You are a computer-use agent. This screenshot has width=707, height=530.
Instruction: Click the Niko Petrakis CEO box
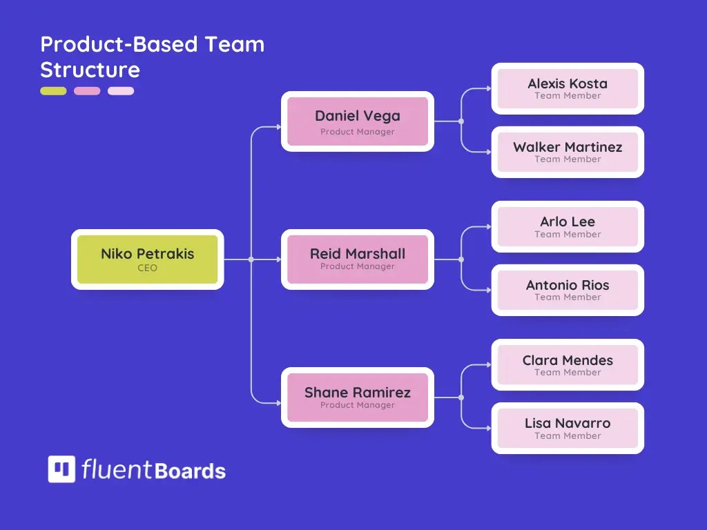[x=147, y=259]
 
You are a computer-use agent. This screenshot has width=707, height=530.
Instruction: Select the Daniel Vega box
[x=357, y=121]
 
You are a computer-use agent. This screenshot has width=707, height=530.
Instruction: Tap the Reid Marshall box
[x=357, y=259]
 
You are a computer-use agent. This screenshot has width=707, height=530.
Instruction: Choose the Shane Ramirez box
[x=357, y=397]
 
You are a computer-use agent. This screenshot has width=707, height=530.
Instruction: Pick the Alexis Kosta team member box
[x=568, y=88]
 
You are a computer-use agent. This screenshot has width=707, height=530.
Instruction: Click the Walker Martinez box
[x=568, y=152]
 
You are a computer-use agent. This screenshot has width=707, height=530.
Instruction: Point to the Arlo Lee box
[x=568, y=226]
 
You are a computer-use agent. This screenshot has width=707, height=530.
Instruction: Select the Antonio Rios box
[x=568, y=290]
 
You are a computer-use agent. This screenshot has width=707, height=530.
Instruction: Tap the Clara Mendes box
[x=568, y=365]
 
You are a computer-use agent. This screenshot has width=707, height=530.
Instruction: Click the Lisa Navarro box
[x=568, y=429]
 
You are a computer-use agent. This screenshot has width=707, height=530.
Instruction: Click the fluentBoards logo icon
[x=61, y=469]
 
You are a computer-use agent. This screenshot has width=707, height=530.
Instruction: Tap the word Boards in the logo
[x=191, y=471]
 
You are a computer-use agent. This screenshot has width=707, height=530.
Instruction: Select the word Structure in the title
[x=90, y=70]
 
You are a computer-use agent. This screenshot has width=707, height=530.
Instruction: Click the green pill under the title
[x=53, y=91]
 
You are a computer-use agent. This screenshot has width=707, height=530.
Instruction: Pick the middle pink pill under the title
[x=87, y=91]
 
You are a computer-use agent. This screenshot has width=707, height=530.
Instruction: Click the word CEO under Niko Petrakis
[x=147, y=268]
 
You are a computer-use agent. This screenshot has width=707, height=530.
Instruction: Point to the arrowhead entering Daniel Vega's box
[x=278, y=127]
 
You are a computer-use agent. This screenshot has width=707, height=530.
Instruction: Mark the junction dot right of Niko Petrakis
[x=251, y=259]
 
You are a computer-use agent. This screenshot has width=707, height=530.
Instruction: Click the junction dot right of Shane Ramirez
[x=461, y=397]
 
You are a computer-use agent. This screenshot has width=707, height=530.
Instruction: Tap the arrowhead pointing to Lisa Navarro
[x=488, y=429]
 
